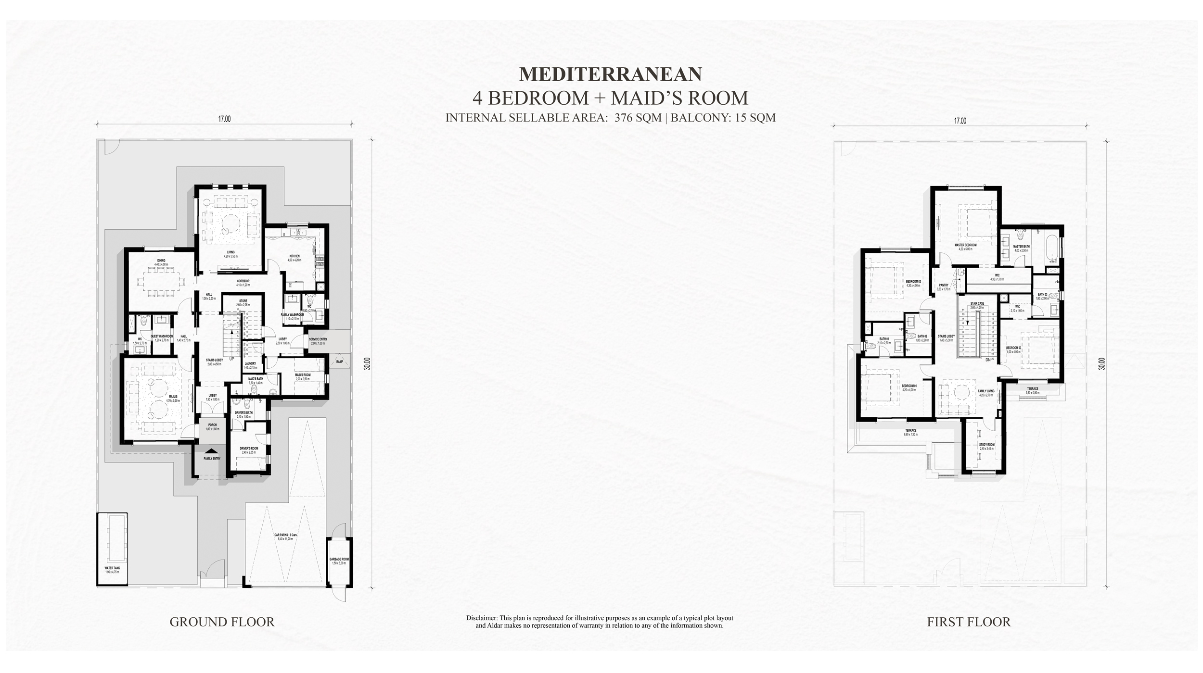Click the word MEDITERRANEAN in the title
[610, 74]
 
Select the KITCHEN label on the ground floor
[294, 256]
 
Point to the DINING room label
[161, 261]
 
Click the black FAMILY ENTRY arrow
[211, 451]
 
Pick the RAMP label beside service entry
[340, 361]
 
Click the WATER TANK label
[112, 568]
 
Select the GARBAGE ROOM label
[339, 559]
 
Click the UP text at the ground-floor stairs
[231, 359]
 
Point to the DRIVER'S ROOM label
[249, 449]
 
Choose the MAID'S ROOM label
[303, 375]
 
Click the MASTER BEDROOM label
[965, 245]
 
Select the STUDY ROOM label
[986, 445]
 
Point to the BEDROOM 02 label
[913, 282]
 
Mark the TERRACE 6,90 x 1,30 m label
[910, 431]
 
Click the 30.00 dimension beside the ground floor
[367, 363]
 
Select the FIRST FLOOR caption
[969, 622]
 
